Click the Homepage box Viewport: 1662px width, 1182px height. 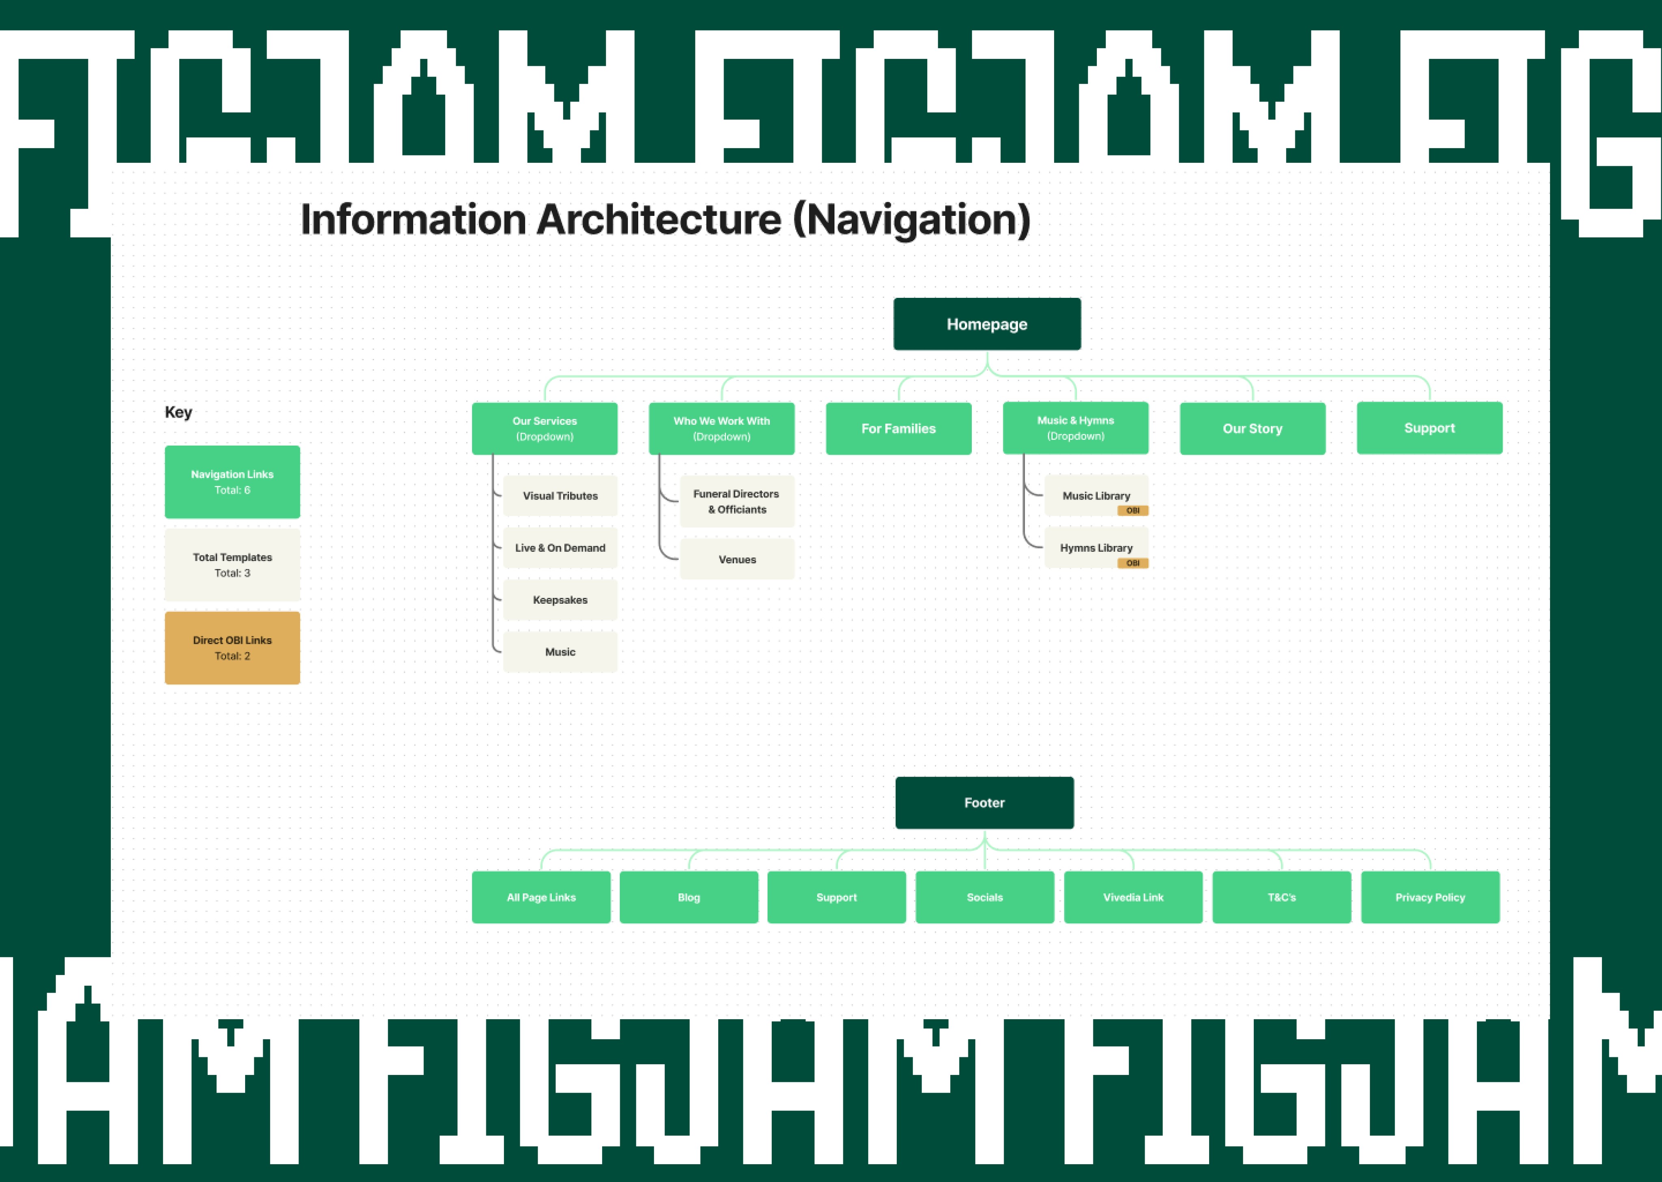[987, 324]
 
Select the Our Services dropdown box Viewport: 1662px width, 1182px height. [544, 429]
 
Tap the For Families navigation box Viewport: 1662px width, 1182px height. [899, 429]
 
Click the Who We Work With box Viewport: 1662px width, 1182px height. [721, 429]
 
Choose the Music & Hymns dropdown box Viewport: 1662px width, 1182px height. [1076, 428]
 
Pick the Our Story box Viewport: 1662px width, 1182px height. [1252, 429]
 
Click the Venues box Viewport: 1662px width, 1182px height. [737, 559]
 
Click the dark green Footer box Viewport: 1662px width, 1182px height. [984, 803]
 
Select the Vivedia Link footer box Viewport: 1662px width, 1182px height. [1133, 898]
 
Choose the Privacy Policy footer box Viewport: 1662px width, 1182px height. [1430, 898]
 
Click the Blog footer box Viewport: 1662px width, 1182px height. [689, 898]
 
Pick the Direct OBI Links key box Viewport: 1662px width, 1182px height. [232, 648]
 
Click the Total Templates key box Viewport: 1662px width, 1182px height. [232, 565]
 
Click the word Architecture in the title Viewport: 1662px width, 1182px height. [659, 220]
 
